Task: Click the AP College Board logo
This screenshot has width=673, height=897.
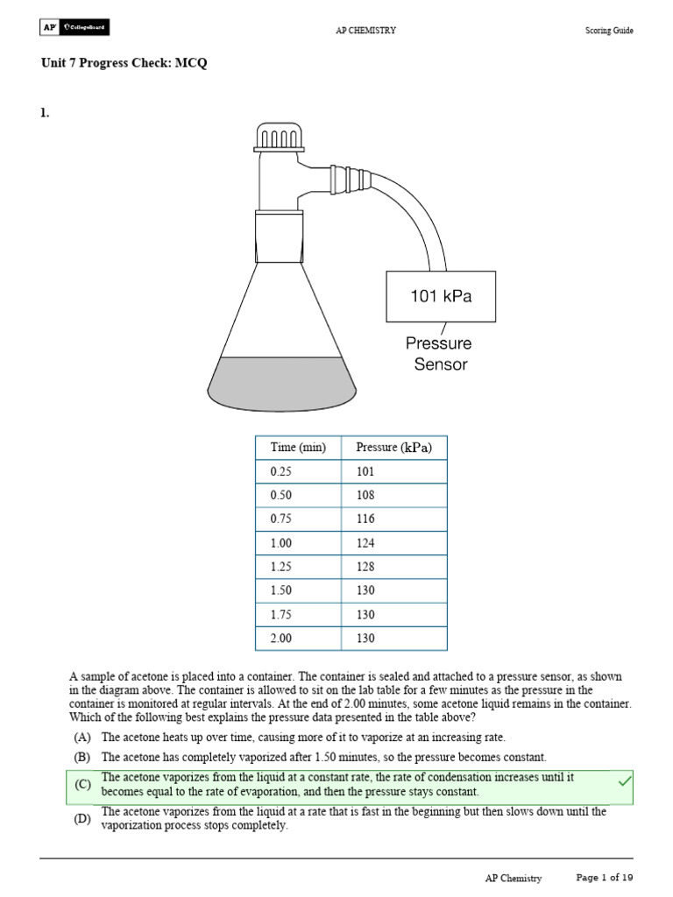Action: point(76,29)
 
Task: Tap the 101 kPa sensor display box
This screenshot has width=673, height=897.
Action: point(441,296)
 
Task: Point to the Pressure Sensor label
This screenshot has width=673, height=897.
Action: point(438,354)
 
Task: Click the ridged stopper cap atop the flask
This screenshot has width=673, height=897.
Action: point(280,137)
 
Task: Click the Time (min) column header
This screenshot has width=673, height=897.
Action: point(298,448)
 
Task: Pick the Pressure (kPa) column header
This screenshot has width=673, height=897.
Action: point(393,448)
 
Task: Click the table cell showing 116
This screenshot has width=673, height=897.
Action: point(366,519)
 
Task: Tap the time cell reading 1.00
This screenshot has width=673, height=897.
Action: point(280,543)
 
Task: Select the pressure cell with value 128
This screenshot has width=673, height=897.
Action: point(366,567)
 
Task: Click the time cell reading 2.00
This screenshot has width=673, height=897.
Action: point(280,639)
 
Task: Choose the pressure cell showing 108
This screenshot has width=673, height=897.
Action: point(366,495)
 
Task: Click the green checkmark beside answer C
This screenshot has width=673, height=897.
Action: point(625,780)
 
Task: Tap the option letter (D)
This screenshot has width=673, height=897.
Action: point(82,819)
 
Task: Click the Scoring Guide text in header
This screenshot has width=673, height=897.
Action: point(609,31)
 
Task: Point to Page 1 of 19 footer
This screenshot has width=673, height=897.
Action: point(605,878)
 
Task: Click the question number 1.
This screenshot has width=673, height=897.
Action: point(44,111)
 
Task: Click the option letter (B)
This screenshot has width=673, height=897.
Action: point(82,757)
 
